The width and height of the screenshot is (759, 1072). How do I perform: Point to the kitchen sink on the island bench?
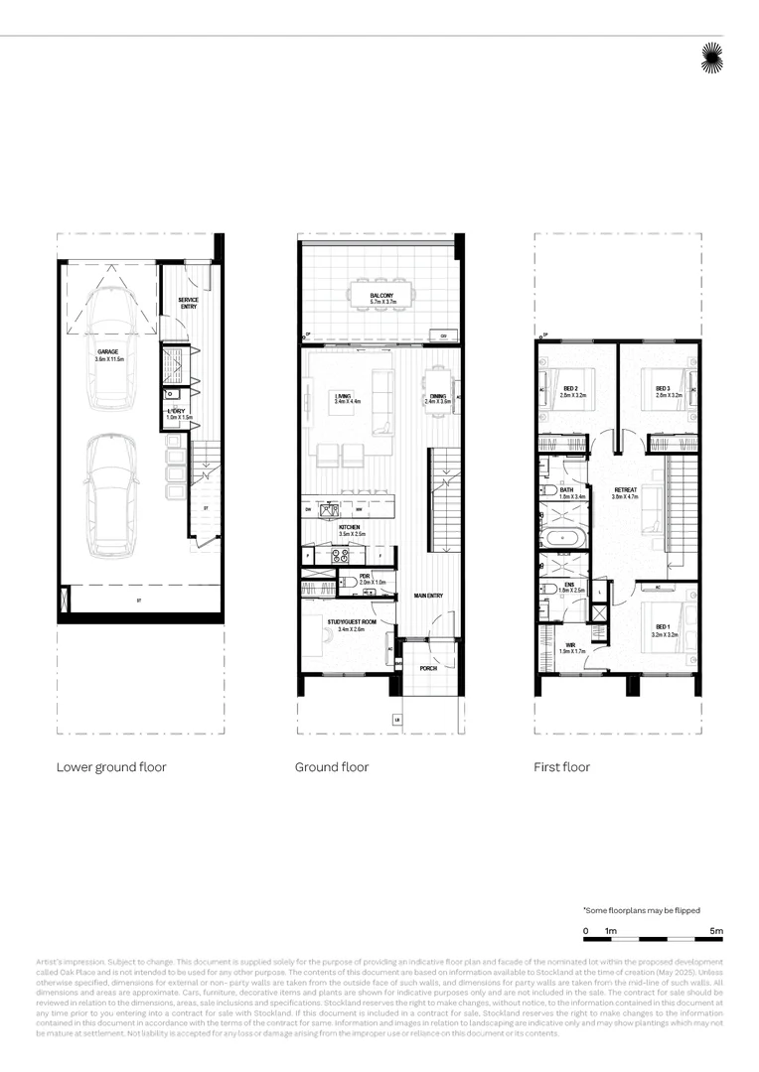tap(332, 512)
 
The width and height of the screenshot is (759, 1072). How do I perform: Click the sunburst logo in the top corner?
tap(712, 59)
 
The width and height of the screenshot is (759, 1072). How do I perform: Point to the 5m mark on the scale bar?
tap(716, 931)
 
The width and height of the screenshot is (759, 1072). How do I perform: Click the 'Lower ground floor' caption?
tap(111, 767)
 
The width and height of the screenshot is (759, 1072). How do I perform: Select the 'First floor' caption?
tap(561, 767)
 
